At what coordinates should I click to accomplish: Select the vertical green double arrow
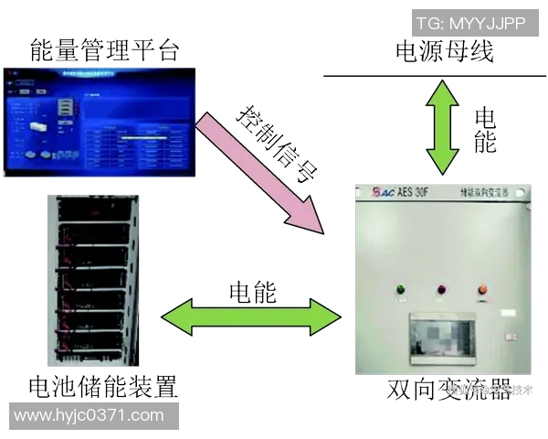point(445,125)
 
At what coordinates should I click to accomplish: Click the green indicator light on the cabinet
point(400,291)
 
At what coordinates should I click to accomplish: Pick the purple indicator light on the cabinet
point(440,290)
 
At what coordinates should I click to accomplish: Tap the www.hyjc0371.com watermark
point(89,415)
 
